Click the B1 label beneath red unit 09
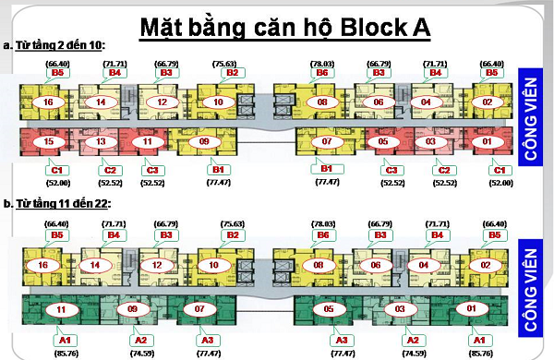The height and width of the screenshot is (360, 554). coord(219,169)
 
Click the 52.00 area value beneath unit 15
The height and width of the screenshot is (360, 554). coord(57,183)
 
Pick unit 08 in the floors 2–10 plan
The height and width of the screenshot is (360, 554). coord(322,102)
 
